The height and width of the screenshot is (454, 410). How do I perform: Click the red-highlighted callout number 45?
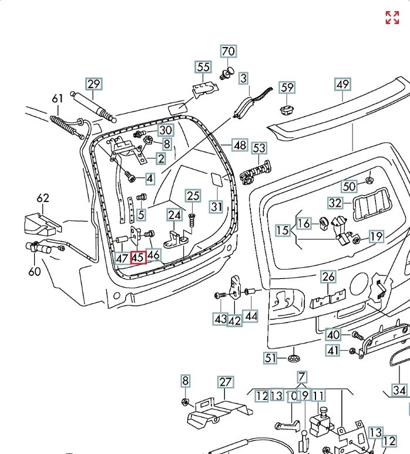139,257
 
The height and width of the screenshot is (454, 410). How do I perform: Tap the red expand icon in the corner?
392,18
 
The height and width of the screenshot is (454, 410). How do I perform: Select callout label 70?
228,51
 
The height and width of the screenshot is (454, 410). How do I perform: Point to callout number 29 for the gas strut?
94,84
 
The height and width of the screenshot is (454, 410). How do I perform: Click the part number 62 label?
43,198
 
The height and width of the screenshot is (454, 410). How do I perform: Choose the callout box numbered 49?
342,84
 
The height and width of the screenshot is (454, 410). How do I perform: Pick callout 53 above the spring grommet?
259,148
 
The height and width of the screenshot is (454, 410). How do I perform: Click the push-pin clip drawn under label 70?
226,73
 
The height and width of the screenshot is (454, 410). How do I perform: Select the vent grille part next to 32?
371,204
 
